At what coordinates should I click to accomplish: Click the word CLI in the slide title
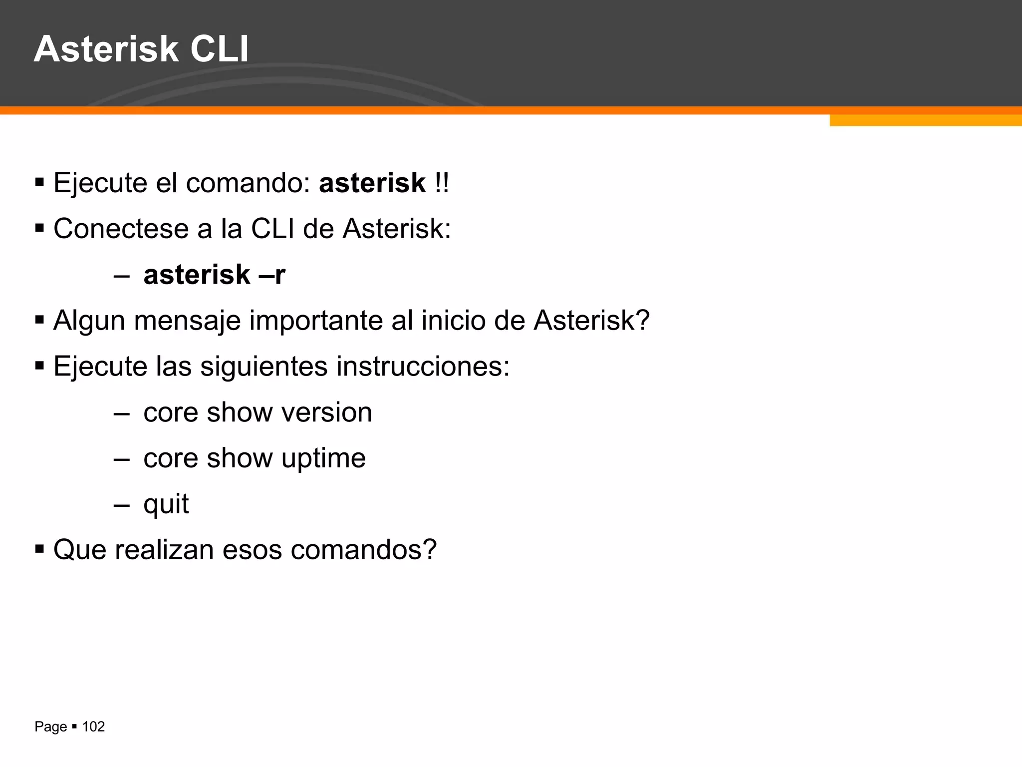[219, 49]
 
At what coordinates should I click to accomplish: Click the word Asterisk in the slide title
[106, 49]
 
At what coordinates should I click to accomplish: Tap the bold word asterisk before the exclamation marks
[372, 183]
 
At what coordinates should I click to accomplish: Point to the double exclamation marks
[442, 183]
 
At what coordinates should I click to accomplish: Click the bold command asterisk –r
[214, 275]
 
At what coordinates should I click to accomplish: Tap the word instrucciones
[423, 367]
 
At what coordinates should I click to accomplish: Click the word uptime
[323, 458]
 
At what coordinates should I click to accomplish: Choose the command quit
[166, 504]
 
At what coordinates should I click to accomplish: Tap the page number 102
[93, 727]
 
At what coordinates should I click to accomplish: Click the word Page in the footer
[50, 727]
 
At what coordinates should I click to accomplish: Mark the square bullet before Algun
[40, 320]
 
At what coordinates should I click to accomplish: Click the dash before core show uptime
[121, 458]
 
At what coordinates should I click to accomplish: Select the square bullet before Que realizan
[40, 549]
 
